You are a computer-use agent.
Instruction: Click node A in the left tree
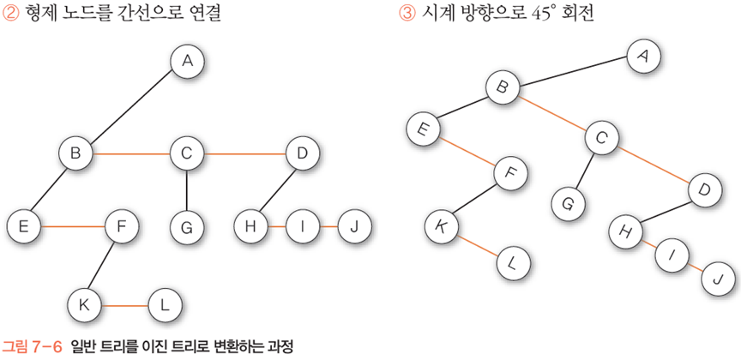click(187, 61)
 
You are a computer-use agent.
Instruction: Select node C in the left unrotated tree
click(186, 153)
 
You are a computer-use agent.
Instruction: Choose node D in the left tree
click(302, 153)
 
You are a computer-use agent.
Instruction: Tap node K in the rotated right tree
click(443, 227)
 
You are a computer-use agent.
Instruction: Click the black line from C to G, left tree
click(186, 191)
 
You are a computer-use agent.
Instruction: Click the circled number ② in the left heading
click(10, 15)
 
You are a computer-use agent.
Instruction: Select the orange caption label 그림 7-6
click(33, 347)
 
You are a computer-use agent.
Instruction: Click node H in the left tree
click(251, 227)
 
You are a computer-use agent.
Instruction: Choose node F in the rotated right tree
click(511, 174)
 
